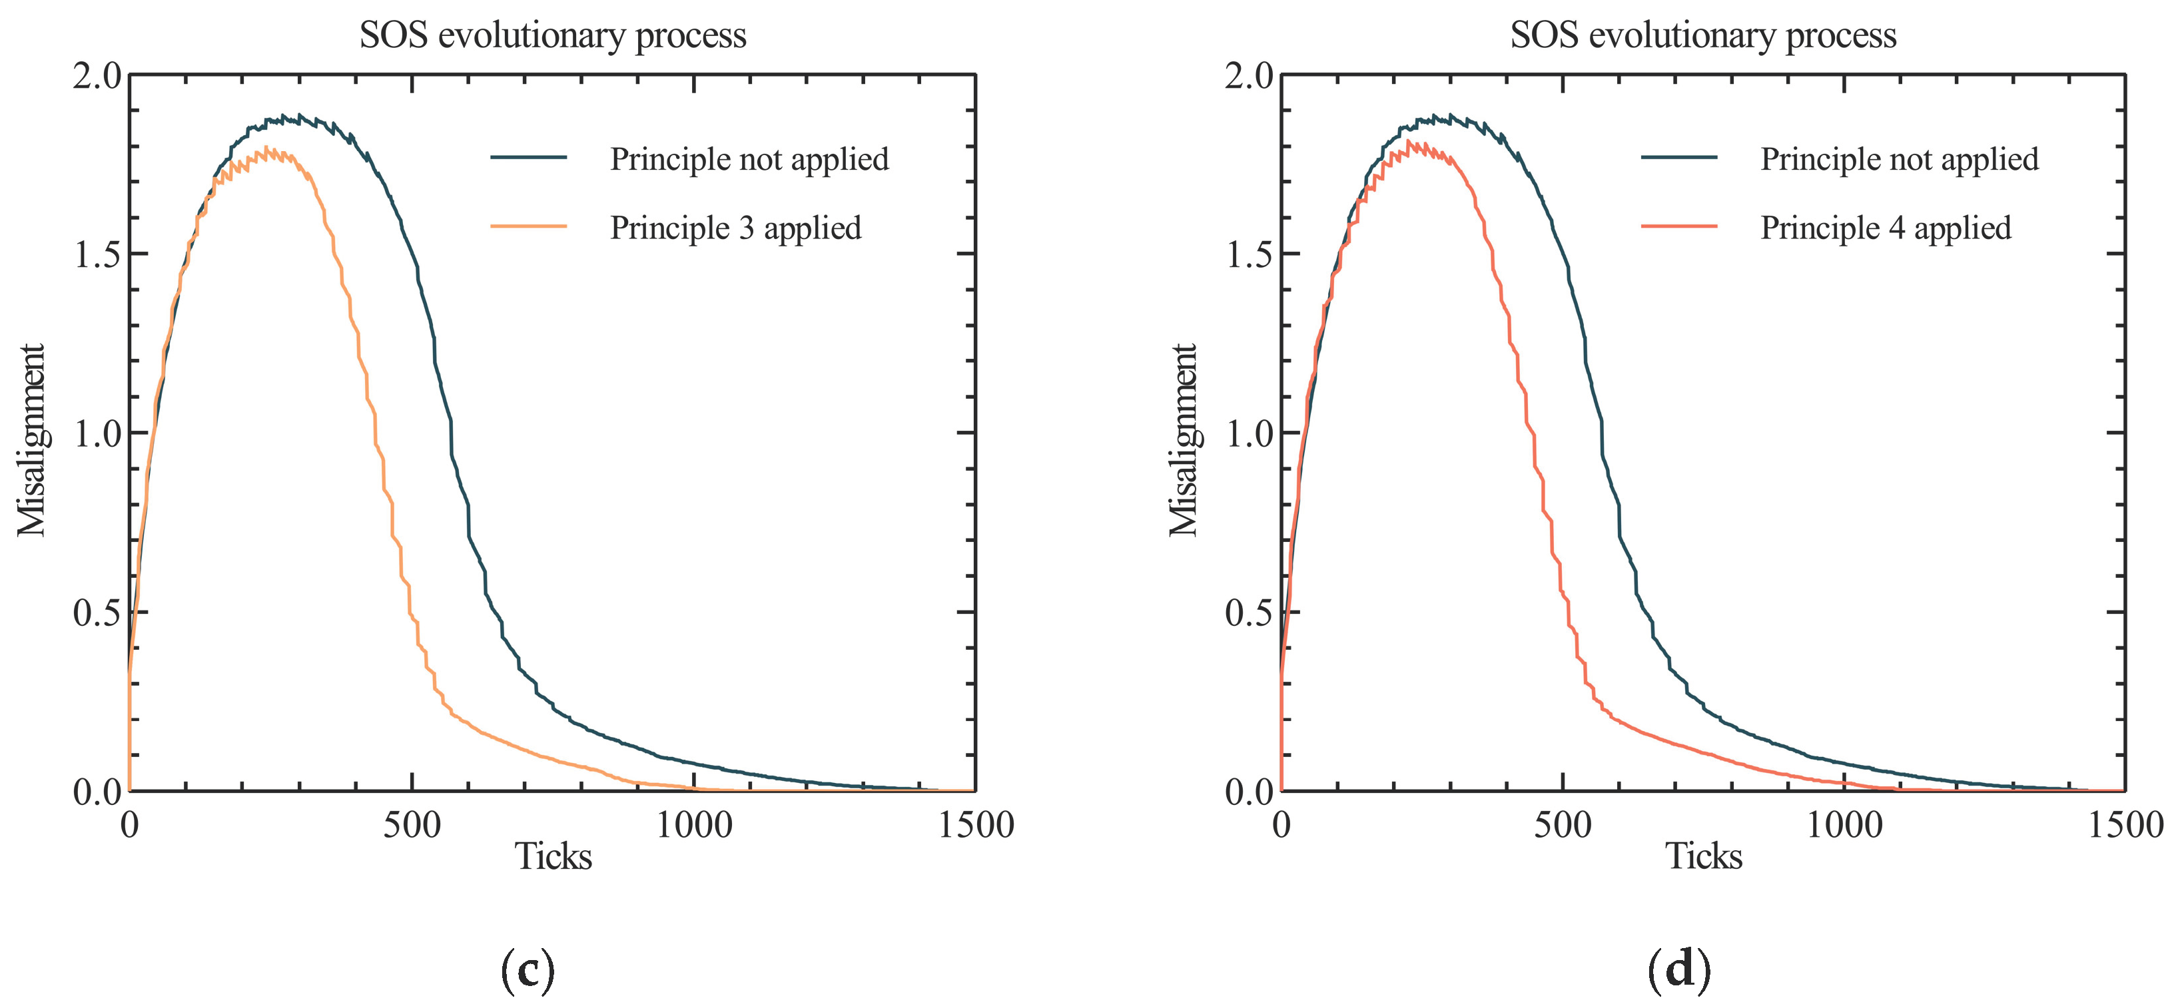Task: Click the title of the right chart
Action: coord(1703,35)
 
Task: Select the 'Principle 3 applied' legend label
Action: coord(735,228)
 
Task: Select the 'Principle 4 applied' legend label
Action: coord(1886,228)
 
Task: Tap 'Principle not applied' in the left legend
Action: coord(749,159)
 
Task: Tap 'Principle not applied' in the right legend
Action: coord(1899,159)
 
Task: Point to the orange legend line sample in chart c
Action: coord(529,226)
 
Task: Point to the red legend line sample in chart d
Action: coord(1679,226)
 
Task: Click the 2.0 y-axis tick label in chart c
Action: coord(97,77)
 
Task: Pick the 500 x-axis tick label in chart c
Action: coord(412,824)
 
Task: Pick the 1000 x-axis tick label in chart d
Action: coord(1844,824)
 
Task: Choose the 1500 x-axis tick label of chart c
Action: coord(976,824)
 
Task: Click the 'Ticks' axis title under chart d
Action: coord(1703,856)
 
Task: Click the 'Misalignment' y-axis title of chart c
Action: coord(31,439)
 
